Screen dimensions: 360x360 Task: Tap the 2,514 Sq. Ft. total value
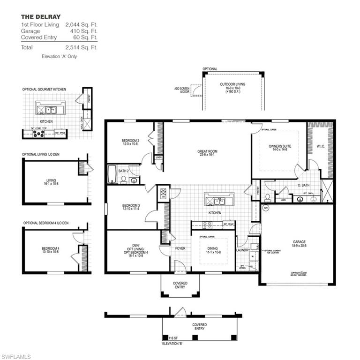point(82,47)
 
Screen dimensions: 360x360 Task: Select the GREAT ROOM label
point(207,151)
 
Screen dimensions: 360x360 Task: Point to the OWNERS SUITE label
point(280,146)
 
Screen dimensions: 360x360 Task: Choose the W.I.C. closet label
point(321,146)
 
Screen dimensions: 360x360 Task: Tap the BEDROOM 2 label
point(130,141)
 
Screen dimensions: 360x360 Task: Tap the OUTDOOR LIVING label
point(232,84)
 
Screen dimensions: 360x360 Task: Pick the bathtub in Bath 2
point(112,174)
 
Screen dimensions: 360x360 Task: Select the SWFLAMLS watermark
point(16,356)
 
